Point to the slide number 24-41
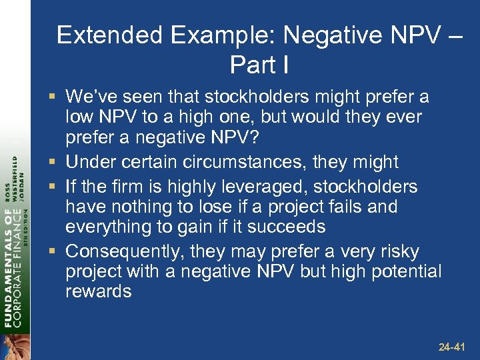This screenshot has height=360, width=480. pos(453,347)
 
